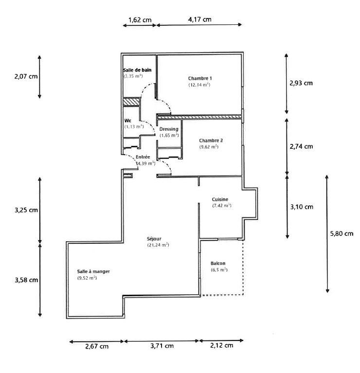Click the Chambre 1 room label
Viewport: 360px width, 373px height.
point(200,78)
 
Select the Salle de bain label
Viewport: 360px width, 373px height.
point(137,70)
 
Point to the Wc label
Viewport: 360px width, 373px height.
point(127,120)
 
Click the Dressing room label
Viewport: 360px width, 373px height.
point(169,129)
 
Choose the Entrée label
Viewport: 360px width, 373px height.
point(143,157)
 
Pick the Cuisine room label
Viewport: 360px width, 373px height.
point(220,199)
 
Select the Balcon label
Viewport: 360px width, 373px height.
point(217,263)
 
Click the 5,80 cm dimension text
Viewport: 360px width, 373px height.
point(341,233)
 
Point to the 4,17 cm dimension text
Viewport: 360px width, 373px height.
point(199,19)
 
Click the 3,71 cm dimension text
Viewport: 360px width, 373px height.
point(162,346)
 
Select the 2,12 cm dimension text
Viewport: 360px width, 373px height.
point(221,345)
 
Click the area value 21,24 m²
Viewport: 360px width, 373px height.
point(158,245)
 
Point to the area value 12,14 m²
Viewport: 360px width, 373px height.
point(199,85)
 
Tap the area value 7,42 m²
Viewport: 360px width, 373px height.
point(221,206)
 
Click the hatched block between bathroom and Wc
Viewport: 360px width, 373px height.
point(131,102)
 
